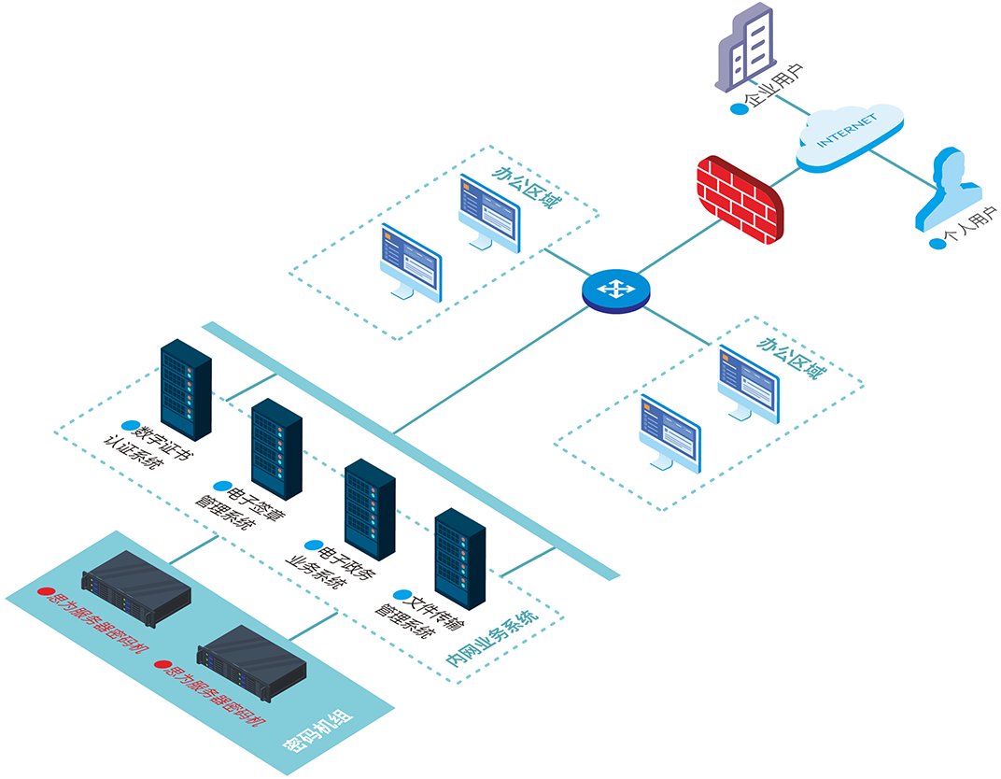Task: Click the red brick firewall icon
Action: click(x=740, y=199)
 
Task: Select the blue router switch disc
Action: click(x=614, y=290)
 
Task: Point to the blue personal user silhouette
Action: click(x=950, y=188)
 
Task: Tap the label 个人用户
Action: click(x=971, y=230)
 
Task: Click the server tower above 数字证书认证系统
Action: click(x=186, y=389)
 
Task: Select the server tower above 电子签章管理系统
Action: click(x=276, y=448)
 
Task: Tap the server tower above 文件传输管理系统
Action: click(x=460, y=559)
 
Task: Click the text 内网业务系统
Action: click(x=490, y=639)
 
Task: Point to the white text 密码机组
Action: click(x=317, y=732)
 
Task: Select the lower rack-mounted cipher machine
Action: click(x=252, y=659)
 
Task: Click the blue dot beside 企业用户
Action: click(x=739, y=108)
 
